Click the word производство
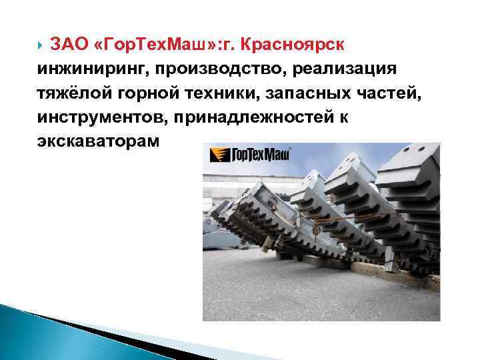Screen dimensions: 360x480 coord(217,69)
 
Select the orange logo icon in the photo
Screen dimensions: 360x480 coord(217,156)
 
